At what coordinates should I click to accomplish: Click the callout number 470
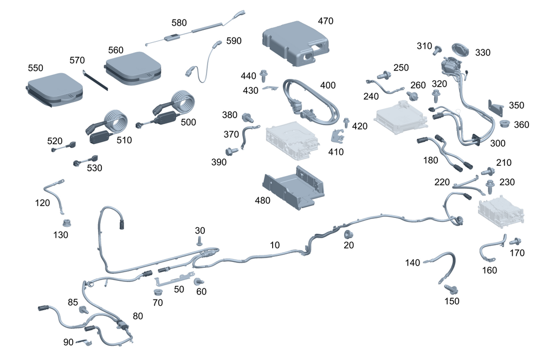(325, 21)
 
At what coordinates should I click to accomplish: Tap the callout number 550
(35, 68)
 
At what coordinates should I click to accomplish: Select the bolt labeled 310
(437, 50)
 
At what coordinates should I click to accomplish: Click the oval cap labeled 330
(461, 48)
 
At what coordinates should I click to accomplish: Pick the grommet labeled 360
(504, 124)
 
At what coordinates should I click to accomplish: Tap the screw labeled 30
(200, 241)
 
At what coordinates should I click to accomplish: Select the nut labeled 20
(346, 234)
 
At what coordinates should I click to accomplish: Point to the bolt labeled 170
(515, 241)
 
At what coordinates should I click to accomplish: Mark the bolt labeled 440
(265, 74)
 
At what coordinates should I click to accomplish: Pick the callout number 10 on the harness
(275, 245)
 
